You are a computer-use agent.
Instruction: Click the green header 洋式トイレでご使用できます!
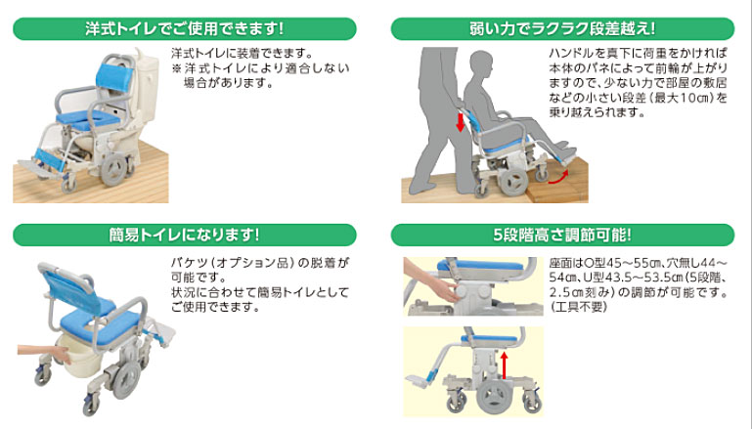click(x=185, y=27)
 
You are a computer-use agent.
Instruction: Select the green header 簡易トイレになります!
click(x=185, y=236)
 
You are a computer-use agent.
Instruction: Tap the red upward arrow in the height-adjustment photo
click(x=506, y=366)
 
